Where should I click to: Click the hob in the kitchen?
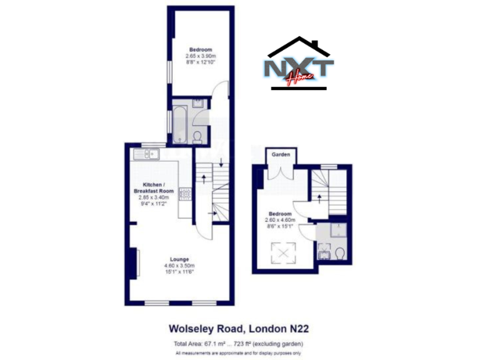coord(185,194)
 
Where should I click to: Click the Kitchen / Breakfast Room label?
coord(154,188)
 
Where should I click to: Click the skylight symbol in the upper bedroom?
coord(284,254)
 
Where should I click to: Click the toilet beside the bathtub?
coord(197,136)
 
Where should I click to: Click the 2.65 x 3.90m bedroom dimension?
coord(202,56)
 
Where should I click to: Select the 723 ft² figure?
coord(256,344)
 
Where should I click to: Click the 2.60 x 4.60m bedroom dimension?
coord(279,219)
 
